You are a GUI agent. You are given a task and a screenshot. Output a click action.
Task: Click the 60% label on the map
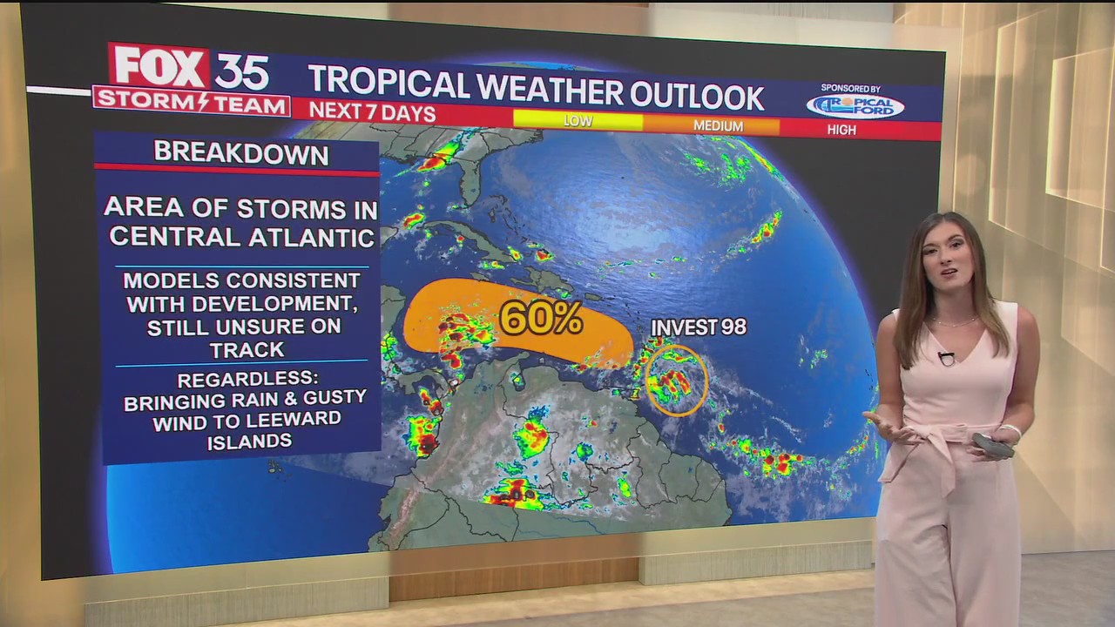point(540,320)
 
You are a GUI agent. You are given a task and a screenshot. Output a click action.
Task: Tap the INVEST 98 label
point(699,327)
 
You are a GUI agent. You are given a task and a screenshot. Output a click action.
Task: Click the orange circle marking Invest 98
point(677,380)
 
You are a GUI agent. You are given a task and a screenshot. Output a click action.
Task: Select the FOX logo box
point(158,67)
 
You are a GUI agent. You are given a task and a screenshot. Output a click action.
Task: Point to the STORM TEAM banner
point(192,102)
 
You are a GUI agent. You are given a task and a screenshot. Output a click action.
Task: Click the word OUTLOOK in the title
point(696,96)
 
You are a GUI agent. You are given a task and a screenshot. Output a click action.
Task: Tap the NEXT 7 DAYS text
point(372,111)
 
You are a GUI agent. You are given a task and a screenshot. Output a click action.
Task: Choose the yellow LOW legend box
point(578,120)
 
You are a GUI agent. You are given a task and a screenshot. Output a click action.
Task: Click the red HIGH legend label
point(841,130)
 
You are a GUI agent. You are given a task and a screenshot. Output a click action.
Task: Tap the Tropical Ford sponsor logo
point(855,106)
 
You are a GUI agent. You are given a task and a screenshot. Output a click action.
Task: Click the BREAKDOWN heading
point(241,154)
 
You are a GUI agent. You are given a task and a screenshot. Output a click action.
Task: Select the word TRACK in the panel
point(247,350)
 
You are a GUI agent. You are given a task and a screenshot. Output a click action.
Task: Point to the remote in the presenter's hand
point(994,443)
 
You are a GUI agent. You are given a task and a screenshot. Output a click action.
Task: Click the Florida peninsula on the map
point(470,179)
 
